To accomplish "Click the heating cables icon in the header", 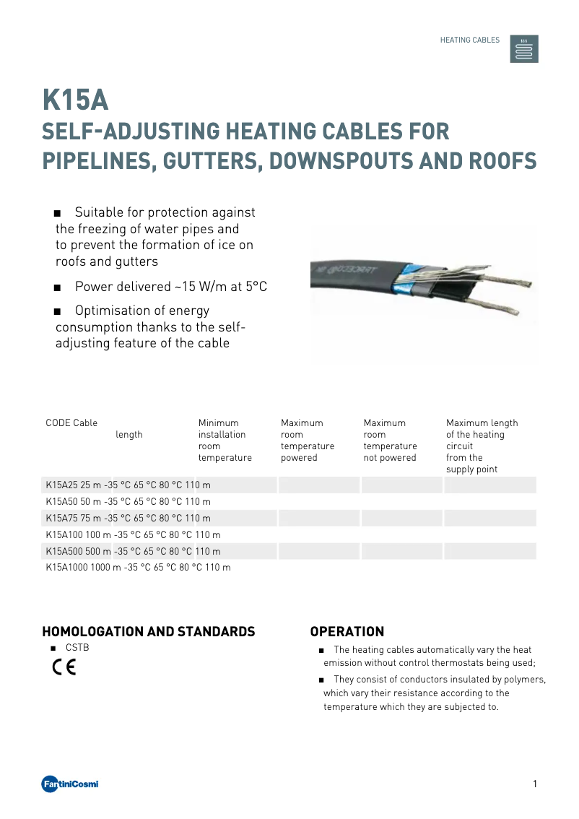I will (524, 48).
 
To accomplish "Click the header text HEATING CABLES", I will (469, 40).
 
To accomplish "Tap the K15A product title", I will (75, 101).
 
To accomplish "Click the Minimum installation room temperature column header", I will (225, 440).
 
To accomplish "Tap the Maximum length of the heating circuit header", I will (482, 446).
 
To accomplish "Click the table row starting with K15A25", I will (128, 485).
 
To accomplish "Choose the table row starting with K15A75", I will (128, 518).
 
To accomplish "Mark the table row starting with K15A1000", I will (138, 568).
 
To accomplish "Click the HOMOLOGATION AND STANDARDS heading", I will (149, 632).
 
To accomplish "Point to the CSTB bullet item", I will (77, 648).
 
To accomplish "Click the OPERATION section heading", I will (347, 632).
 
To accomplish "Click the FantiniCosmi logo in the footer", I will (70, 784).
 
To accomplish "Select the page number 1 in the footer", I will (534, 784).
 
